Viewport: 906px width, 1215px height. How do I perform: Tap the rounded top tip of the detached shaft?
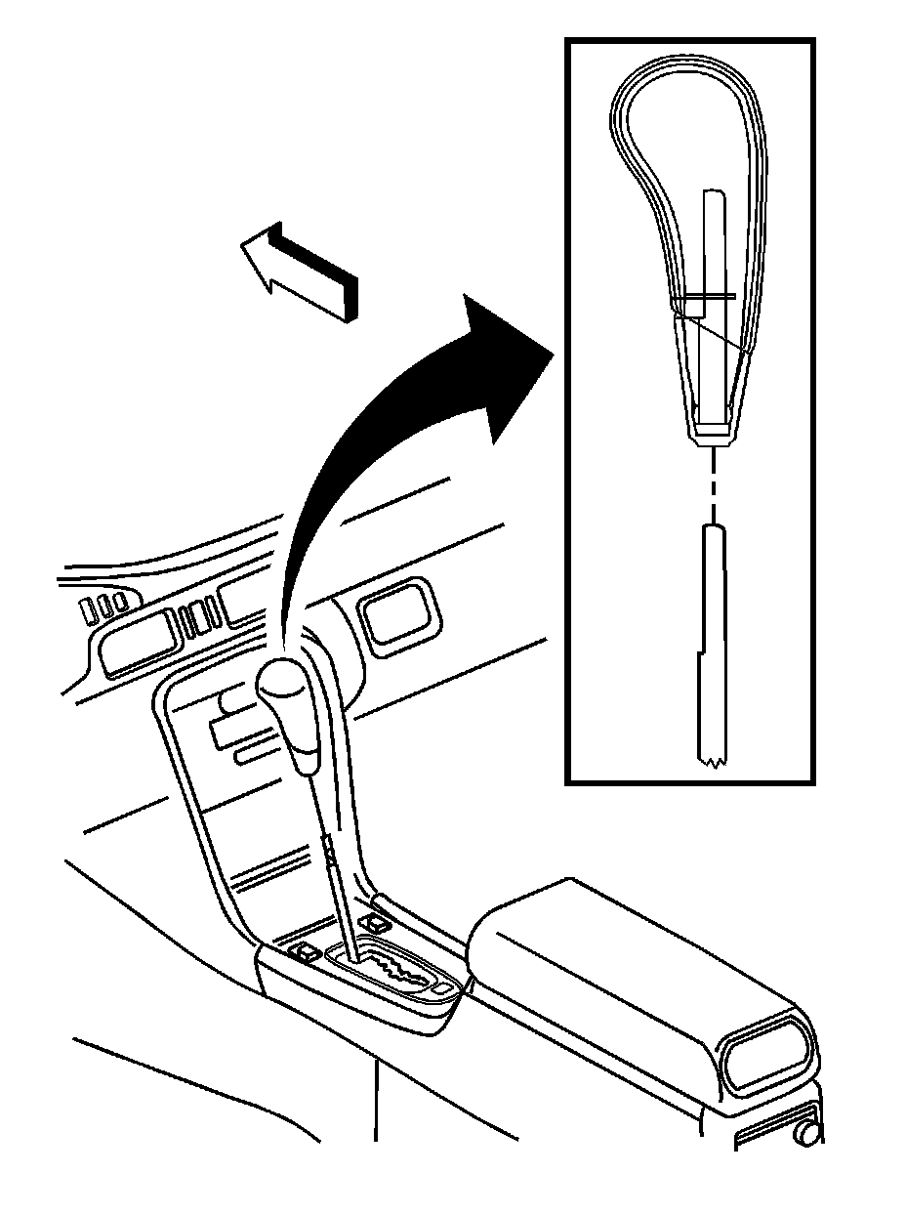coord(714,530)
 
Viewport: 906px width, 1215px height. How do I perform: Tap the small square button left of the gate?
coord(307,951)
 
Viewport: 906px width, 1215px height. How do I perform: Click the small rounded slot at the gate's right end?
coord(445,989)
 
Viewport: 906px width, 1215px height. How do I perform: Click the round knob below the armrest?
coord(806,1133)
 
